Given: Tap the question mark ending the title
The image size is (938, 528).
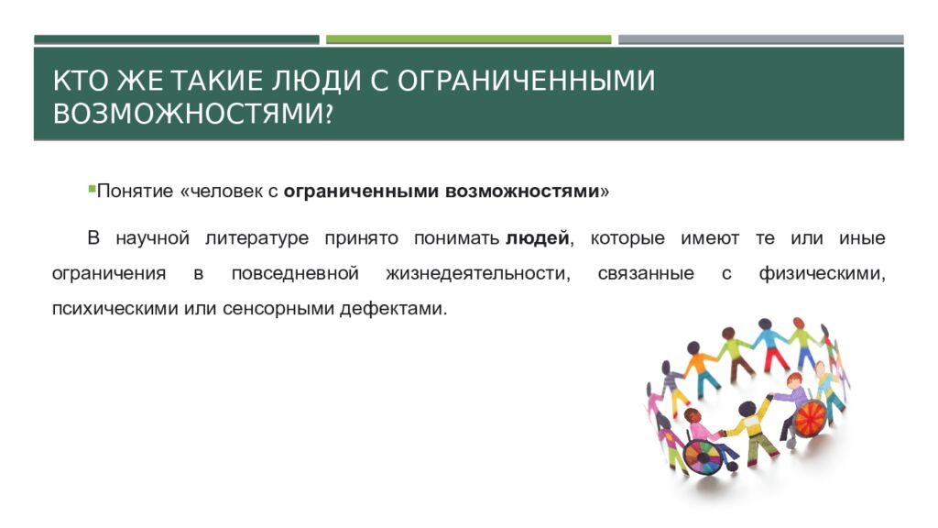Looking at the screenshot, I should coord(327,114).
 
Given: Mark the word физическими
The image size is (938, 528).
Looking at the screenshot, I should coord(821,273).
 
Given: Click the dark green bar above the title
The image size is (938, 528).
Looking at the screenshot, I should coord(177,39).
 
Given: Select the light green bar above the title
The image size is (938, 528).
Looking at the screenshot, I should coord(468,39).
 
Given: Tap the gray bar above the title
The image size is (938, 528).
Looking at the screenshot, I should coord(760,39).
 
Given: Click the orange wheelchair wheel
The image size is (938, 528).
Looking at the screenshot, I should coord(810,418).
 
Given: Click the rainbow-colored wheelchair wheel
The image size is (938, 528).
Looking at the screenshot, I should coord(703,455).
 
